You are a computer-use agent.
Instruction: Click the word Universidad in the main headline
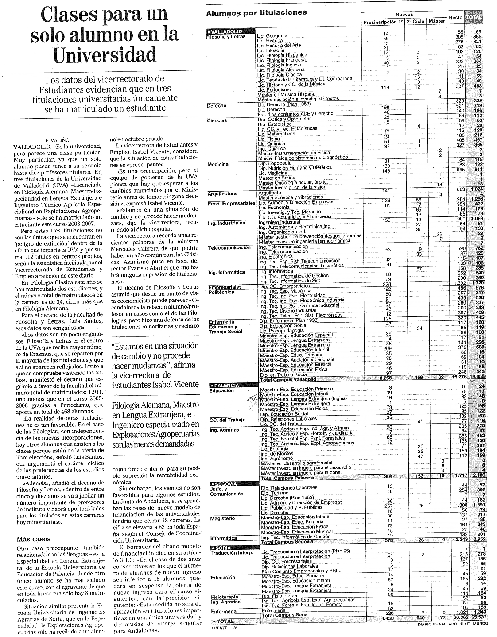coord(105,54)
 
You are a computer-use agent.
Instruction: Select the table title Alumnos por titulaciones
coord(256,13)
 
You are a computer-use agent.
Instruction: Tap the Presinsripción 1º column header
coord(383,21)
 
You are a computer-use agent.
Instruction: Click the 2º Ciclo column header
coord(415,21)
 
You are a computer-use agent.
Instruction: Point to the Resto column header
coord(455,18)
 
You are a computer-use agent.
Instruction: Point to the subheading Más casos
coord(33,539)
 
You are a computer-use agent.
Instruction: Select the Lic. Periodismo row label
coord(274,89)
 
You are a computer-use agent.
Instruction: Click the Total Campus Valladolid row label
coord(288,380)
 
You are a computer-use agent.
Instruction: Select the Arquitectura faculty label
coord(222,193)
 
